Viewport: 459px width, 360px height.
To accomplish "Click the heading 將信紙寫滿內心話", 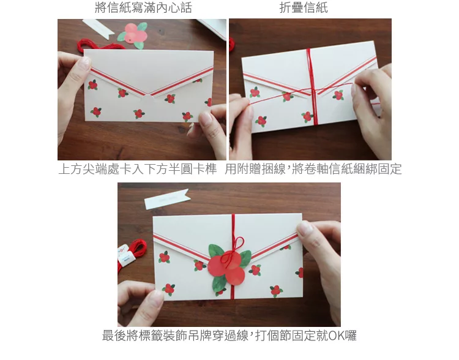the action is [x=143, y=7].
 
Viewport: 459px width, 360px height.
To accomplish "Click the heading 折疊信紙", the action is [x=304, y=7].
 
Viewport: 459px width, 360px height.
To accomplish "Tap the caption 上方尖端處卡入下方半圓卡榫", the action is [x=138, y=169].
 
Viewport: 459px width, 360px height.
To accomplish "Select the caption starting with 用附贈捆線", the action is [x=313, y=169].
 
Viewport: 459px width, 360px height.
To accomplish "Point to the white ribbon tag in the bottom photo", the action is [x=167, y=199].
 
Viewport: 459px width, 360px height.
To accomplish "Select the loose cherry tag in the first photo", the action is [x=133, y=35].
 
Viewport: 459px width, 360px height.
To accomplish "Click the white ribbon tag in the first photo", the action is [x=99, y=28].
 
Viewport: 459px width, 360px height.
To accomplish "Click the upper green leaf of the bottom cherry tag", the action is [x=216, y=251].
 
